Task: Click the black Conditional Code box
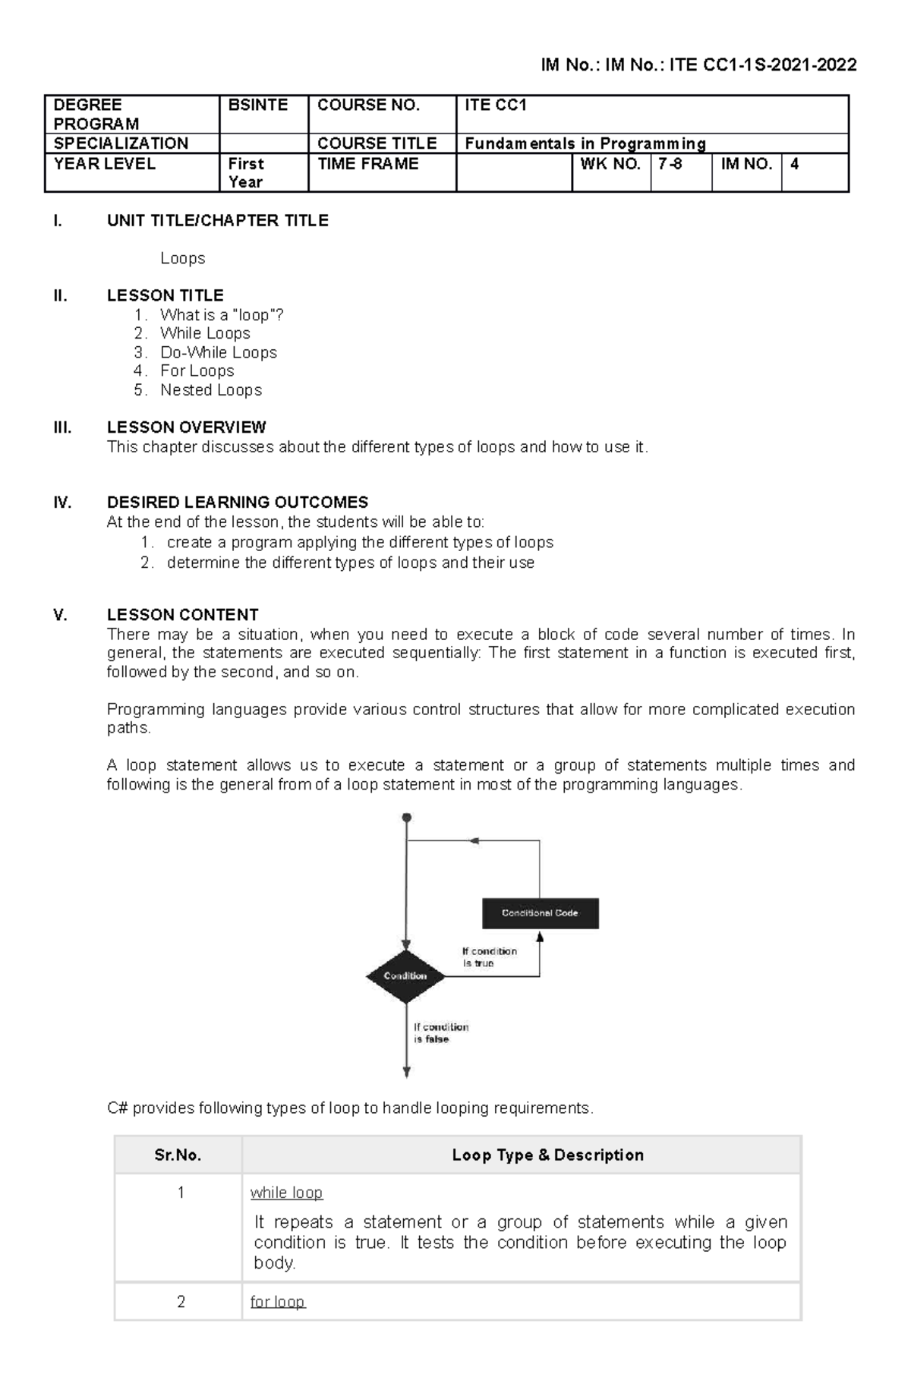tap(541, 913)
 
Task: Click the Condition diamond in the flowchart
tap(405, 976)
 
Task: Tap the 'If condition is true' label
tap(490, 957)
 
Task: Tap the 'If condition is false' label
tap(441, 1033)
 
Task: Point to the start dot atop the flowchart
tap(407, 818)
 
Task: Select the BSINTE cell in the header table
tap(258, 106)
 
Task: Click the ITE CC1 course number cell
tap(496, 106)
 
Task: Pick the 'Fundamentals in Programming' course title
tap(585, 143)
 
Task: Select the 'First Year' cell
tap(246, 172)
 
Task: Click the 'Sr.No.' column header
tap(178, 1155)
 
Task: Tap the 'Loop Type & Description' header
tap(547, 1155)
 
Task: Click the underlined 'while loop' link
tap(286, 1193)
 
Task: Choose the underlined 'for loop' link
tap(277, 1303)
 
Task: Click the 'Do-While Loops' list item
tap(219, 352)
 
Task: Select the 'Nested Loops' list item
tap(211, 390)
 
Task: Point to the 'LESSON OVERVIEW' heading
tap(186, 427)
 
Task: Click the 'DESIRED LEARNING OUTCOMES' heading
tap(238, 503)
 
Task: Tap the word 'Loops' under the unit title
tap(182, 259)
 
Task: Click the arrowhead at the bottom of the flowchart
tap(407, 1072)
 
